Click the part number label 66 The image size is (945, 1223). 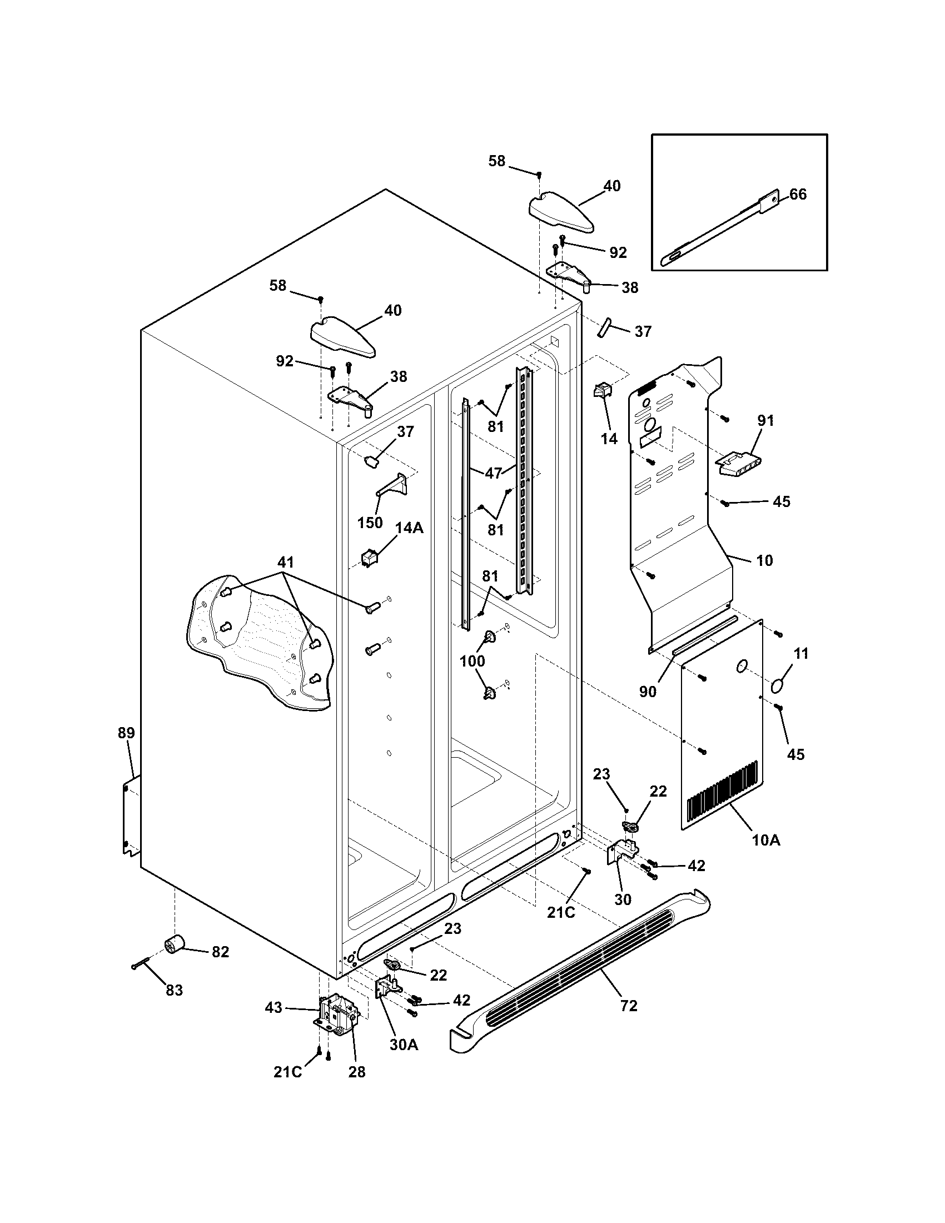[798, 195]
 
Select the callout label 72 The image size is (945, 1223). [629, 1006]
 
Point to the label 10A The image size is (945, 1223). [766, 856]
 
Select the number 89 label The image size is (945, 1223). [126, 733]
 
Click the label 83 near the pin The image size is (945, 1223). [174, 991]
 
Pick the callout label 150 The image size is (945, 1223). [370, 523]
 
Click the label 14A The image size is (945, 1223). [409, 528]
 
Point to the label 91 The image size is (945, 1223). [765, 421]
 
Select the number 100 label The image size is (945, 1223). [472, 662]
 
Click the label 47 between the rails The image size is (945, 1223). [493, 473]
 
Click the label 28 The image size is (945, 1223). [357, 1072]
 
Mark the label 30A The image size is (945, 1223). [405, 1045]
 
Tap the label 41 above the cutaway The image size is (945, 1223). [285, 561]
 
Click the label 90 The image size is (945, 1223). [648, 692]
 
